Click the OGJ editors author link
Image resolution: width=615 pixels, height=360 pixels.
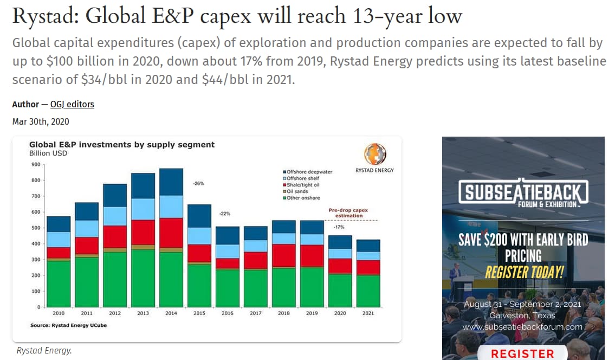[72, 104]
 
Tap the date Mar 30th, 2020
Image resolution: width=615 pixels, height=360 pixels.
[41, 121]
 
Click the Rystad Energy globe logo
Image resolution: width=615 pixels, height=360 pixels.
[374, 154]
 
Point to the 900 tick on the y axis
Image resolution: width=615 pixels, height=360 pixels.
[35, 164]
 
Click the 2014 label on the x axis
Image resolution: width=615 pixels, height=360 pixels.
[171, 313]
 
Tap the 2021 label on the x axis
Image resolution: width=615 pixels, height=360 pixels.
[368, 313]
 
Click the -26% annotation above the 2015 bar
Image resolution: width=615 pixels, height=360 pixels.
[198, 184]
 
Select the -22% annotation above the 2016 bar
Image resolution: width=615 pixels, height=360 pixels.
[224, 213]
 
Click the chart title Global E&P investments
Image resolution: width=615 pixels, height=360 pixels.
[122, 145]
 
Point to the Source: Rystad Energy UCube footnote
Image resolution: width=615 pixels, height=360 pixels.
[63, 325]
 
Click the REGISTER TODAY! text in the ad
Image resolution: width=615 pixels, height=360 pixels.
[523, 272]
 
